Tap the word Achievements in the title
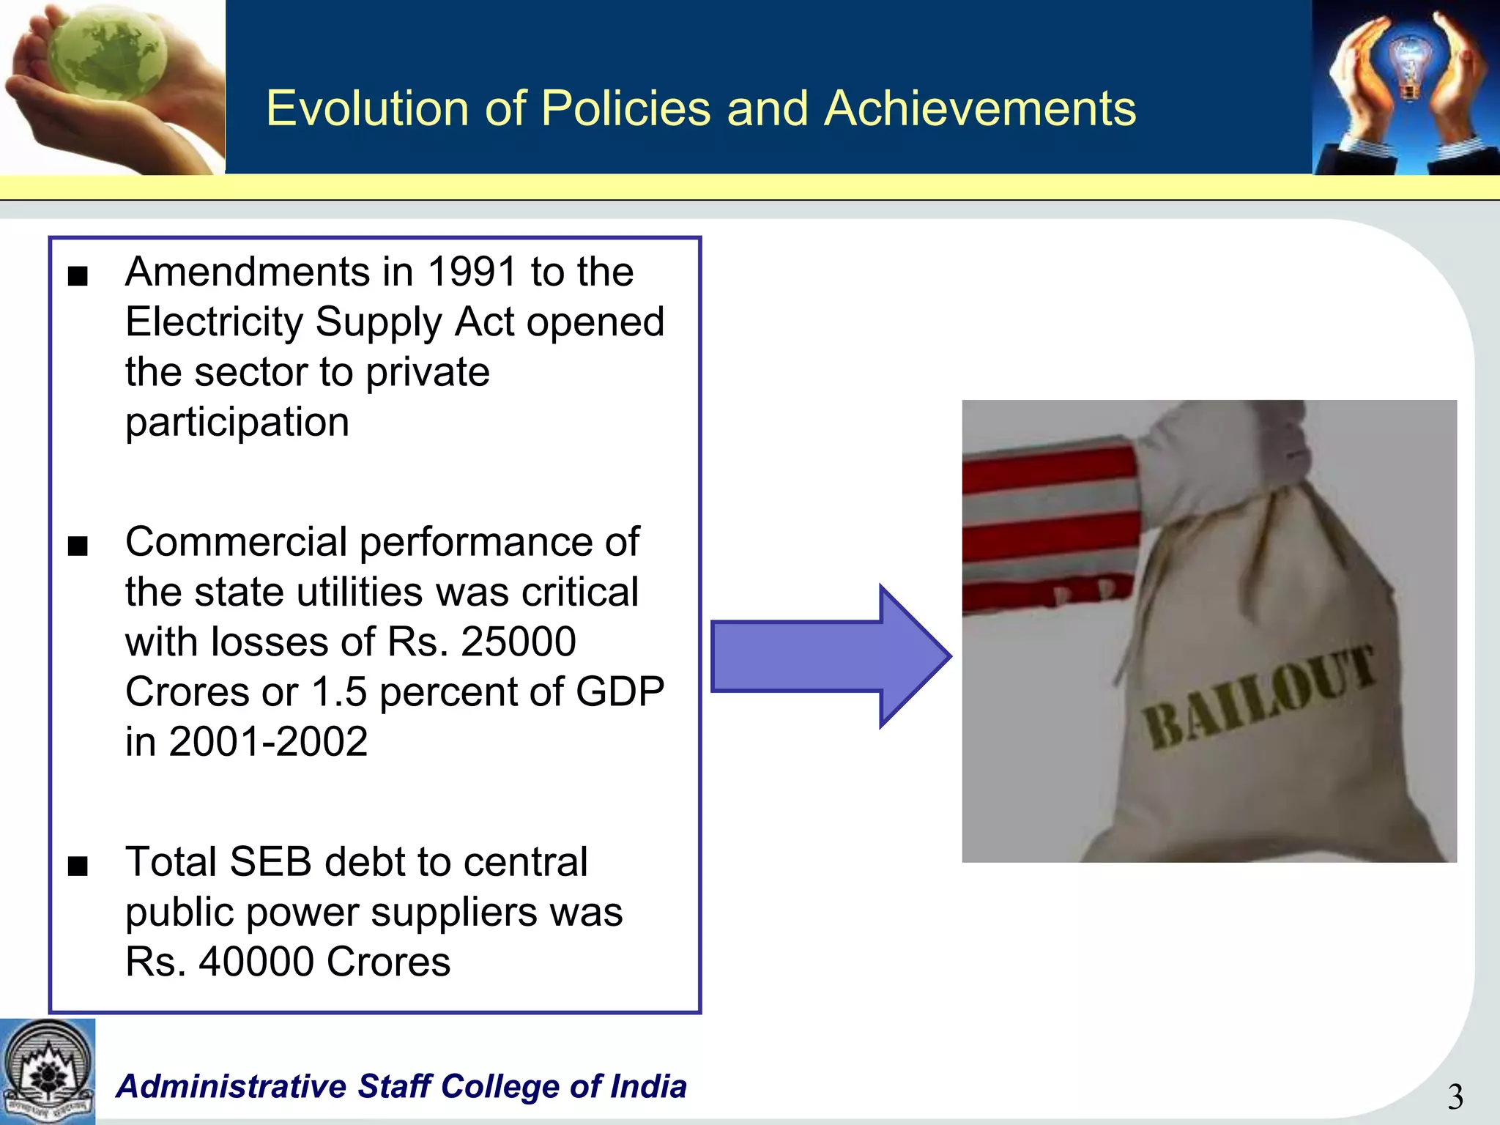coord(979,108)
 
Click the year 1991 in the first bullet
coord(472,272)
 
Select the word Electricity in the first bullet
coord(214,322)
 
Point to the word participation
coord(237,423)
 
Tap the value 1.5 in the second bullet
coord(339,691)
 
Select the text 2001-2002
coord(268,741)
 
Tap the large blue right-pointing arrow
coord(828,656)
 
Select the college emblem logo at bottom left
coord(47,1071)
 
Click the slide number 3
coord(1455,1097)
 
